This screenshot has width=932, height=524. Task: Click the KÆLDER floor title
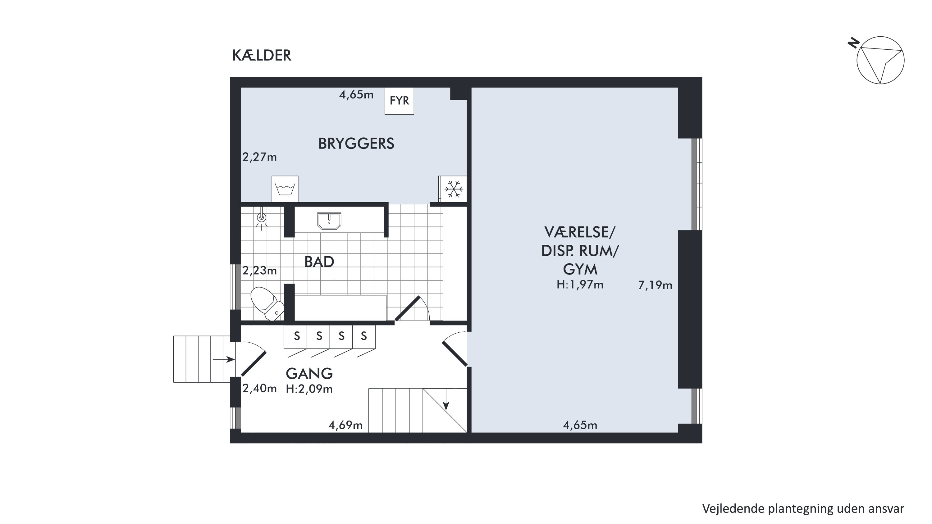point(262,55)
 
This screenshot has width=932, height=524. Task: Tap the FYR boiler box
point(399,101)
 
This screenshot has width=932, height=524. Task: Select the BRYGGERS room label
point(356,144)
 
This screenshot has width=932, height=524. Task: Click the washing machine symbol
point(285,189)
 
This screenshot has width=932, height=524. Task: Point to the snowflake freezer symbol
point(453,189)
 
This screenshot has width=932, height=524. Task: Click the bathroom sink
point(329,221)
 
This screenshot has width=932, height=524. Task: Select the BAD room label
point(319,262)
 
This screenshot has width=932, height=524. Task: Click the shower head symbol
point(262,218)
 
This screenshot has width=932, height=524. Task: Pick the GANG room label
point(309,374)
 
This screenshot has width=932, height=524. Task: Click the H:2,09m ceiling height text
point(309,389)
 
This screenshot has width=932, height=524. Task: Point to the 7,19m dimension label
point(655,285)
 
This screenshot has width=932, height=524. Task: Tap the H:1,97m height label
point(580,285)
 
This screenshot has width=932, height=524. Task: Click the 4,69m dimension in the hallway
point(345,425)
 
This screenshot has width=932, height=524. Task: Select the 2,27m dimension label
point(259,157)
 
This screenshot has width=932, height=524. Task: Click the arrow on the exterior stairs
point(224,359)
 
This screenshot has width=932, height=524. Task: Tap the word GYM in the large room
point(580,269)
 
